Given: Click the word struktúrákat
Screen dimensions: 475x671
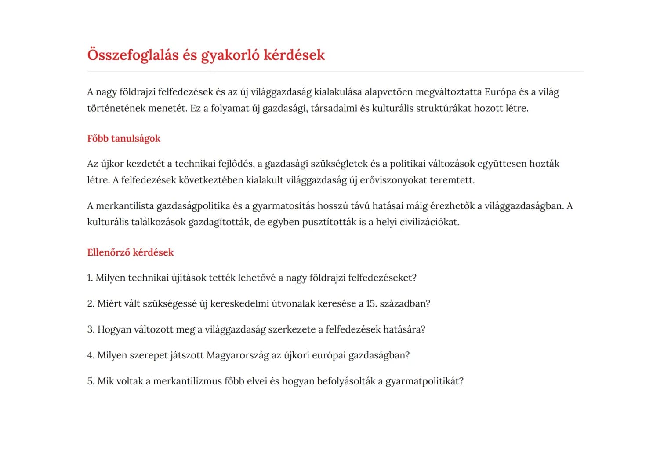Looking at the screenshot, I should click(x=443, y=108).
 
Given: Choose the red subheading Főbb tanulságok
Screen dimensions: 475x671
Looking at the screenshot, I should click(x=123, y=139).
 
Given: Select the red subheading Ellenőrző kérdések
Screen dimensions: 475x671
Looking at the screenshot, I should click(x=130, y=252).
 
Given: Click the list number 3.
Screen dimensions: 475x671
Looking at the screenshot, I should click(x=91, y=329).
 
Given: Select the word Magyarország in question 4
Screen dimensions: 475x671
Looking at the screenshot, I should click(x=237, y=355).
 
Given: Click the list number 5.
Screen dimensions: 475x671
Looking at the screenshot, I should click(x=91, y=381).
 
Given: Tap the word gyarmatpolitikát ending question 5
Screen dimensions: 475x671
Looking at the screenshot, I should click(x=424, y=381).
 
